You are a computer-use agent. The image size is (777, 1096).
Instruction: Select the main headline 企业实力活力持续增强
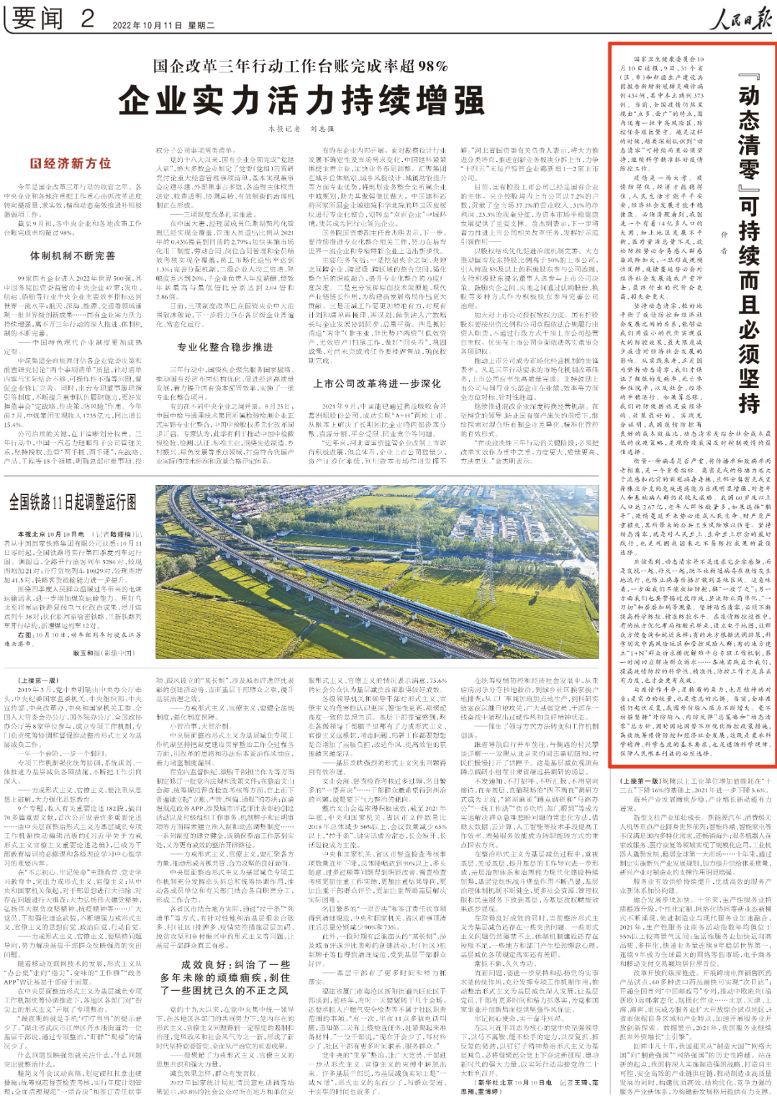(x=301, y=101)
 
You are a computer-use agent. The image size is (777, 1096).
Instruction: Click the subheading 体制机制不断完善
(x=72, y=255)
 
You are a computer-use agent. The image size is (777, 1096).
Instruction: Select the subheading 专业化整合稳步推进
(x=225, y=347)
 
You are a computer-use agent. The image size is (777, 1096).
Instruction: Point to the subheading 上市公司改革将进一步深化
(x=377, y=384)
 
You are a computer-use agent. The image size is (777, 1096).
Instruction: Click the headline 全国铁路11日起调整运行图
(x=73, y=502)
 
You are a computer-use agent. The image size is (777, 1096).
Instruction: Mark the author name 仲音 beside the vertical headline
(x=724, y=242)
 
